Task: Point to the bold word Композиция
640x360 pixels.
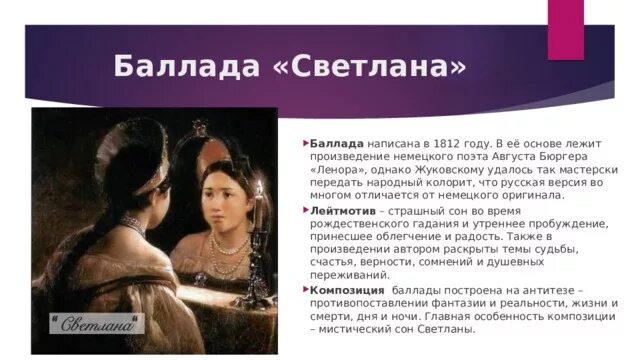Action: click(x=347, y=289)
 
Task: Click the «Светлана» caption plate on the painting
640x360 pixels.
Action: click(x=97, y=323)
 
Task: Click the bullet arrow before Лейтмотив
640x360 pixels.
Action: click(x=305, y=212)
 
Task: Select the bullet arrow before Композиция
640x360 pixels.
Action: click(x=305, y=288)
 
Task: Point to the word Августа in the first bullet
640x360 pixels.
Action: click(x=506, y=158)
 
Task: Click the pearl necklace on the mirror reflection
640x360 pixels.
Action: click(x=230, y=245)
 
